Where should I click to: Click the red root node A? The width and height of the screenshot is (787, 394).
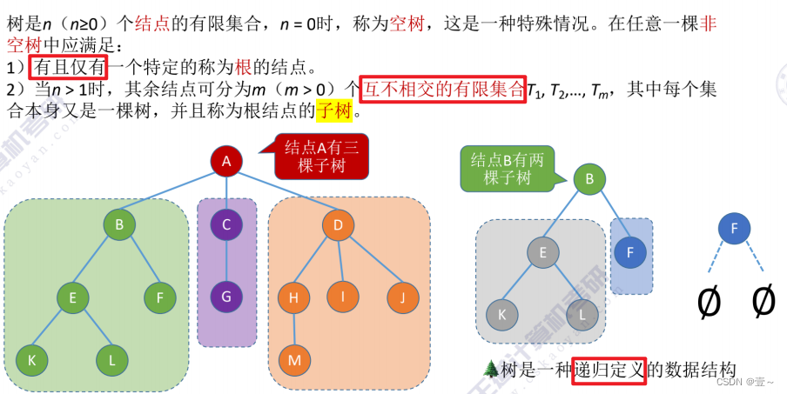point(226,161)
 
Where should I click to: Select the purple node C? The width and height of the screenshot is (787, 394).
point(226,225)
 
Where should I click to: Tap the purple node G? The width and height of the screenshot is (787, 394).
point(226,296)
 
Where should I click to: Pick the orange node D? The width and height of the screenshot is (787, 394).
point(338,226)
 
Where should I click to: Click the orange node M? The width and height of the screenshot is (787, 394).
point(293,358)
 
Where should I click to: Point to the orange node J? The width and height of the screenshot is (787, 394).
point(401,297)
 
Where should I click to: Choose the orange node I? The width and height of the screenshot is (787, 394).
point(343,297)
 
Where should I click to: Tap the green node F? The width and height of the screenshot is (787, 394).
point(159,297)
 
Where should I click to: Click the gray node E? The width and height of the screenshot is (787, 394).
point(542,253)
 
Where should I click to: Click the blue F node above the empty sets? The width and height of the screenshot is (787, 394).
point(735,230)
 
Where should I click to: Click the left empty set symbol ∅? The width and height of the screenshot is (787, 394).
point(710,301)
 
